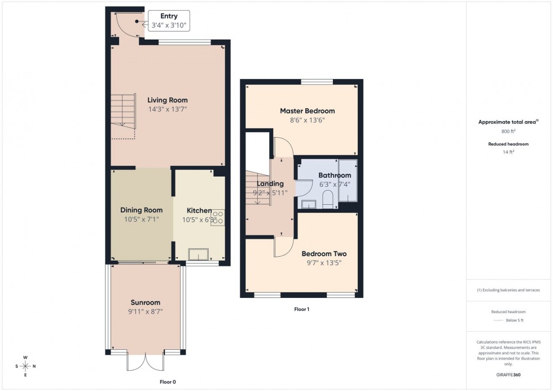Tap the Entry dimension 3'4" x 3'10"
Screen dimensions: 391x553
[x=169, y=25]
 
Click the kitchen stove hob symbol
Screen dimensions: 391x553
[x=218, y=217]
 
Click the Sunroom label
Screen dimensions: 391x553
[x=146, y=302]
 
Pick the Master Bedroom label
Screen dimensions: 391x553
[x=307, y=111]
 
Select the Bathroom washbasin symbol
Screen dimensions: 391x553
[x=309, y=204]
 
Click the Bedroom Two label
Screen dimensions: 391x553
[x=324, y=253]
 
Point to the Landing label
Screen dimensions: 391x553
[x=270, y=183]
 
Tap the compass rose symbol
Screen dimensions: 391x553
[x=25, y=366]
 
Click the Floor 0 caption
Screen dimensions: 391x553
[x=168, y=382]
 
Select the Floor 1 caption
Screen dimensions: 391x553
[x=302, y=309]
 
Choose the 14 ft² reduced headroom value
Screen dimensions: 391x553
[x=508, y=152]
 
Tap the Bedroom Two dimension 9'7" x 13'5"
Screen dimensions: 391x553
[x=324, y=262]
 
